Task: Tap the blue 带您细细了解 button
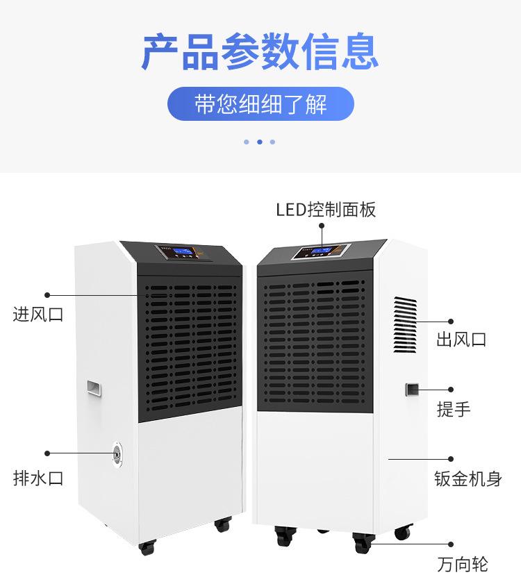(x=260, y=104)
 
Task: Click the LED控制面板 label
(x=326, y=209)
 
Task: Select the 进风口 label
(x=38, y=314)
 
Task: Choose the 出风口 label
(x=461, y=340)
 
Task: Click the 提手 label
(x=454, y=409)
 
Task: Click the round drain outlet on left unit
(x=116, y=452)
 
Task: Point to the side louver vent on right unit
(x=405, y=323)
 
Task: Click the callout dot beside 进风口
(x=48, y=295)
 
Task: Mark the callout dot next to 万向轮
(x=451, y=544)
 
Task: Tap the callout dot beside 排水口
(x=48, y=452)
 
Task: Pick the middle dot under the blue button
(x=259, y=142)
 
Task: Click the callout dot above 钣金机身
(x=451, y=459)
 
